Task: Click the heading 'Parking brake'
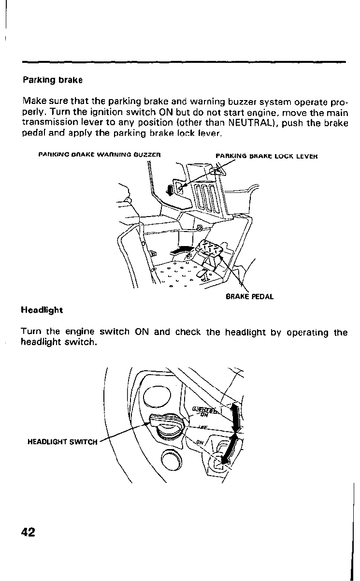[53, 79]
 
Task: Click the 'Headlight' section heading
[42, 310]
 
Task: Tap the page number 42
[28, 532]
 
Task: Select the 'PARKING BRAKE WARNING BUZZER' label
[99, 155]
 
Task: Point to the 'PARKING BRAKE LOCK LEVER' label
[267, 155]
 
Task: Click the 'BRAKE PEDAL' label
[249, 296]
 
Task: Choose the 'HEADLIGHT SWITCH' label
[63, 441]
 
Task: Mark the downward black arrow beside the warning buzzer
[170, 189]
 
